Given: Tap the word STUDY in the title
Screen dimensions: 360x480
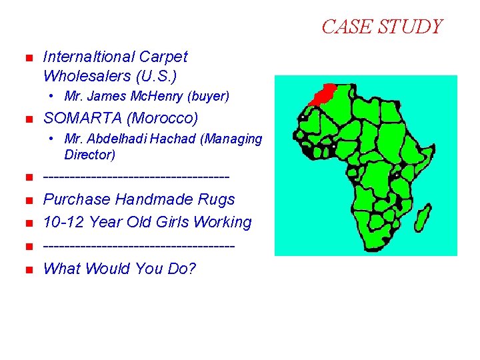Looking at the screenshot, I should coord(409,27).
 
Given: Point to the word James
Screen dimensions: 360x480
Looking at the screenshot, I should coord(106,97).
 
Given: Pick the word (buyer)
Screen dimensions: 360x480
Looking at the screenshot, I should coord(207,97).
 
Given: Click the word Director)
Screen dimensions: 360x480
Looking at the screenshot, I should coord(90,155).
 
